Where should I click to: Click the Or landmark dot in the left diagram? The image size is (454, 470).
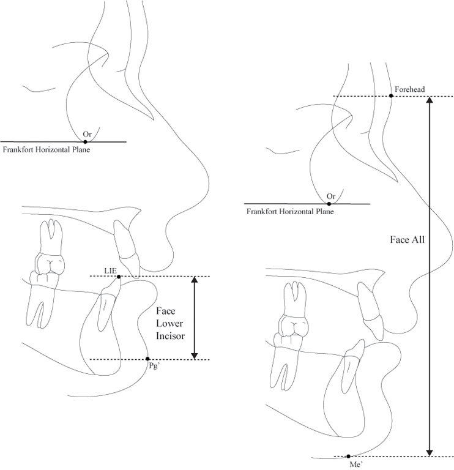85,141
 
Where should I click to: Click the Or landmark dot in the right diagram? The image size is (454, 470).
329,204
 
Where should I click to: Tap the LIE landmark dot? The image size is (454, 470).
119,277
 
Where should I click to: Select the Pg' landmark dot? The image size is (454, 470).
147,359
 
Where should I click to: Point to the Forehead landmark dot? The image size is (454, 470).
391,95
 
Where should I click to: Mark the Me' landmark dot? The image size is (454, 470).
349,456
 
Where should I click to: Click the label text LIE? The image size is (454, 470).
110,270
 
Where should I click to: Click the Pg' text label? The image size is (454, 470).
154,367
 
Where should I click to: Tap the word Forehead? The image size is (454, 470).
410,89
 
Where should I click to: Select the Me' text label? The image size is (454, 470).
356,464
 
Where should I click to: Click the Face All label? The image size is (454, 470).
407,240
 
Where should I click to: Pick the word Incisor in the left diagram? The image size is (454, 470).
170,336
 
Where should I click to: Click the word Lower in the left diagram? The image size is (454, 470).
169,323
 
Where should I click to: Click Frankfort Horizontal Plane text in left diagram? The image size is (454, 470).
47,149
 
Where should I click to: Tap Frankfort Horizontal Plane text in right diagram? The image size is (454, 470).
290,212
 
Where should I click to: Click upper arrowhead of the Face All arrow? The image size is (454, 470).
430,100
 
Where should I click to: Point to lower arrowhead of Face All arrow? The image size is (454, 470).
430,452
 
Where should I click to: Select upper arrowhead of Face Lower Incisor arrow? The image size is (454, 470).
195,280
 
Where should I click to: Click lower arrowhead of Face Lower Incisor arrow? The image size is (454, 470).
195,355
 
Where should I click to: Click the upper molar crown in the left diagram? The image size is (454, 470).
50,263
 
